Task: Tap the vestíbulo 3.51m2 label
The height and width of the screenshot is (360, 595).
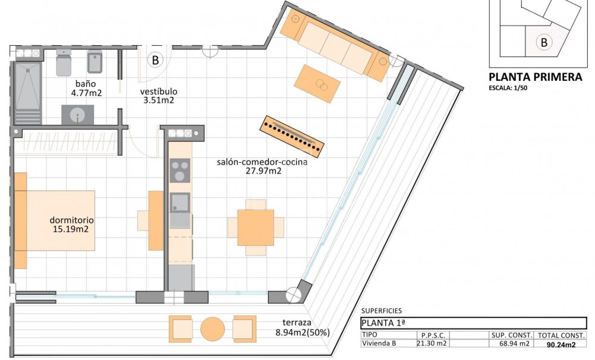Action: tap(159, 96)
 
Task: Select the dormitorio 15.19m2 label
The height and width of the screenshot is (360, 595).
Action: tap(73, 225)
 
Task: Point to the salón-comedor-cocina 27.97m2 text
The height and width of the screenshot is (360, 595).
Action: tap(262, 166)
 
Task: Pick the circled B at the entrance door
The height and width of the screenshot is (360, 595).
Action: tap(155, 60)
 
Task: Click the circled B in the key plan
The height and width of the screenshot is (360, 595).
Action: tap(543, 42)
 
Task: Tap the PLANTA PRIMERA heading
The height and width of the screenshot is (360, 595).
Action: tap(535, 77)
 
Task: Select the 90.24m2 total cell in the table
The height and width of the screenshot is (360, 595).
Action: tap(561, 344)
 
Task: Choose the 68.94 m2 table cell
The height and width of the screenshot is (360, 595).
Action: tap(511, 343)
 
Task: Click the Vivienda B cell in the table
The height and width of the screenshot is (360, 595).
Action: tap(380, 343)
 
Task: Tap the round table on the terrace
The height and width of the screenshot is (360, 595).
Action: tap(212, 328)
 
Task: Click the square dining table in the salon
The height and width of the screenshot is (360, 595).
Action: tap(256, 227)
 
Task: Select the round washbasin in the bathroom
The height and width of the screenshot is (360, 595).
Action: tap(78, 115)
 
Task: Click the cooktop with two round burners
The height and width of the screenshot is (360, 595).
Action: tap(180, 171)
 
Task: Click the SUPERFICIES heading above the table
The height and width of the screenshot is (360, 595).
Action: tap(382, 311)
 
